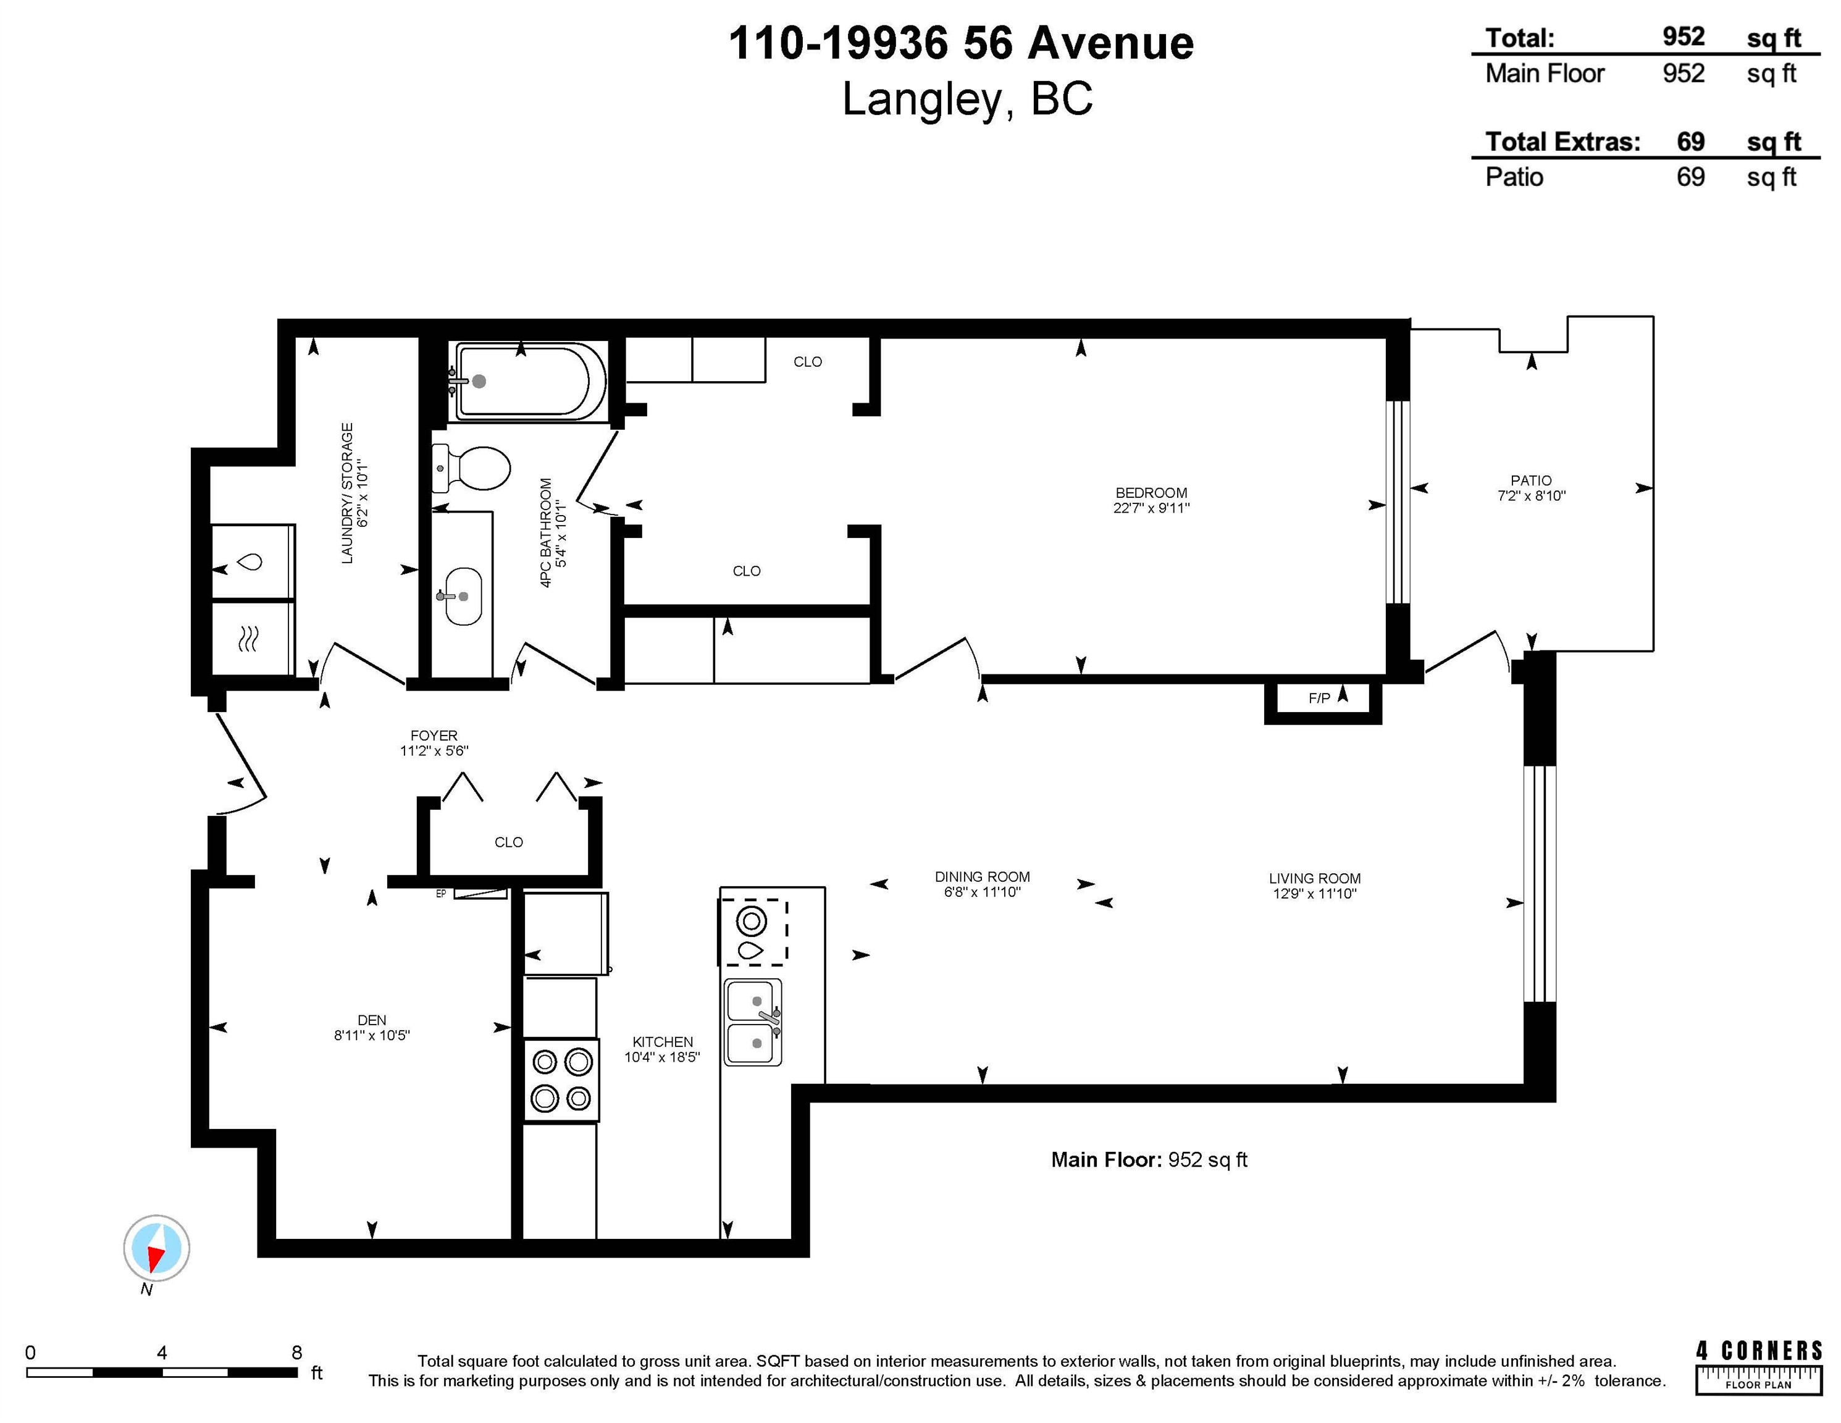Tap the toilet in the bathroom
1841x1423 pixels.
tap(471, 469)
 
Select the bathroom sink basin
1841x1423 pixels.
tap(463, 596)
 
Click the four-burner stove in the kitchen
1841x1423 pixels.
tap(561, 1080)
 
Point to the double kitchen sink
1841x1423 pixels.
tap(753, 1022)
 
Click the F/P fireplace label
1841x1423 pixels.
tap(1319, 698)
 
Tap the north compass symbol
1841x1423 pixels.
tap(157, 1248)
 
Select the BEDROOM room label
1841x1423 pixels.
tap(1151, 492)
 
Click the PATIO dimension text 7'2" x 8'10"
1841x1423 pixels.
tap(1531, 496)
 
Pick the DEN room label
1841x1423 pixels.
tap(372, 1020)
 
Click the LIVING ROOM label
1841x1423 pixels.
tap(1315, 878)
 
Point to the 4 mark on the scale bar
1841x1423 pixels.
tap(162, 1352)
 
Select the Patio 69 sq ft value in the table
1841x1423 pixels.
tap(1690, 177)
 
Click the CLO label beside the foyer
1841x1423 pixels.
tap(508, 842)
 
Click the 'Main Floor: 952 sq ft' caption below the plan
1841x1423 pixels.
tap(1149, 1160)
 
